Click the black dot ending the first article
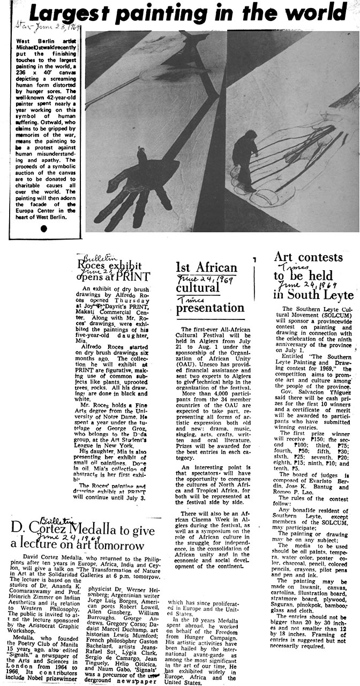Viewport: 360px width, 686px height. pyautogui.click(x=43, y=228)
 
